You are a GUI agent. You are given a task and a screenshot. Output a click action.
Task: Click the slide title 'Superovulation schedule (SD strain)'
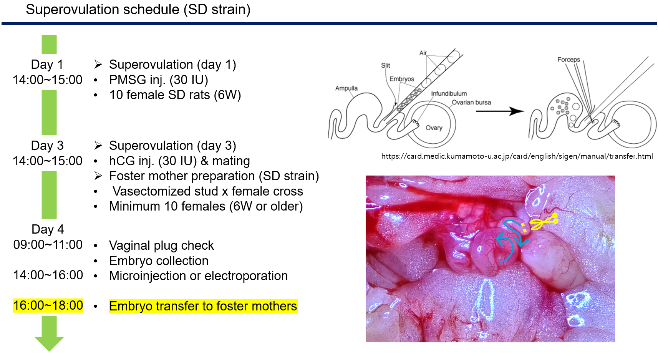tap(138, 10)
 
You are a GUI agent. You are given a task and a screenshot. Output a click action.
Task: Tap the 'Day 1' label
tap(47, 65)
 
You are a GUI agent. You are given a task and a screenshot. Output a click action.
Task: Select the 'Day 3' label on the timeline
tap(47, 146)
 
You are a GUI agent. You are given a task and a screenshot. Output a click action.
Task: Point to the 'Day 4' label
tap(48, 229)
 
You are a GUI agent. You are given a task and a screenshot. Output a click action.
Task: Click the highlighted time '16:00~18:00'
tap(48, 305)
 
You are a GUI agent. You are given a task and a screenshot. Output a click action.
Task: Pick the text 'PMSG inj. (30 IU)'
tap(159, 80)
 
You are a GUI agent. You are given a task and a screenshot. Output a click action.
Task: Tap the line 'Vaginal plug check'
tap(161, 246)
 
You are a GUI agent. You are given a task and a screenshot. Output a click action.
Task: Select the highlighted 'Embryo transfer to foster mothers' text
tap(203, 306)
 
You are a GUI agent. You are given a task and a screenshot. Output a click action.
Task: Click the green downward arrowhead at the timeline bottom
tap(49, 343)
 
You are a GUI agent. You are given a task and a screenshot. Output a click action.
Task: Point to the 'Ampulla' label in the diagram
tap(346, 88)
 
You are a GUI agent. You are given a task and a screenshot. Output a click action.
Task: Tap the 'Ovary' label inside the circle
tap(434, 128)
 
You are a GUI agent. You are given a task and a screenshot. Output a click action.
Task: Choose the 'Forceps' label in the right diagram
tap(569, 60)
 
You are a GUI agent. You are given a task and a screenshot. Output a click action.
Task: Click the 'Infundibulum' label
tap(449, 93)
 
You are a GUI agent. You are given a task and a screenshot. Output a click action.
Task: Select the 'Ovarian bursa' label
tap(471, 102)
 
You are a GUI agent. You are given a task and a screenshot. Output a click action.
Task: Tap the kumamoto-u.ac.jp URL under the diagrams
tap(517, 156)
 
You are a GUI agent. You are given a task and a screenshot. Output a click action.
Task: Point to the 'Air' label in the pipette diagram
tap(423, 53)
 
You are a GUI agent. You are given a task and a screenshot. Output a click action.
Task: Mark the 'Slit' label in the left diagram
tap(385, 65)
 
